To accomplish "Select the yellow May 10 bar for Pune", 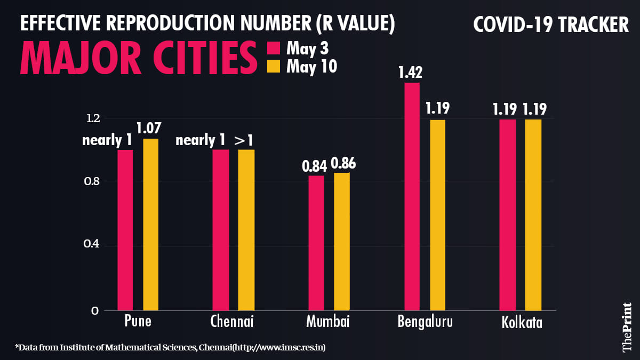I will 150,224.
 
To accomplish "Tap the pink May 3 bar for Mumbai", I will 316,243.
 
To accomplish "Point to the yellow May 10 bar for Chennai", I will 246,229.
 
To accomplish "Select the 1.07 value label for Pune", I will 149,129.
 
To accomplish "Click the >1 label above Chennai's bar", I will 244,140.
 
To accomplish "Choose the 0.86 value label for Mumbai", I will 343,163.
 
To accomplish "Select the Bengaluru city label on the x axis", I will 425,322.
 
